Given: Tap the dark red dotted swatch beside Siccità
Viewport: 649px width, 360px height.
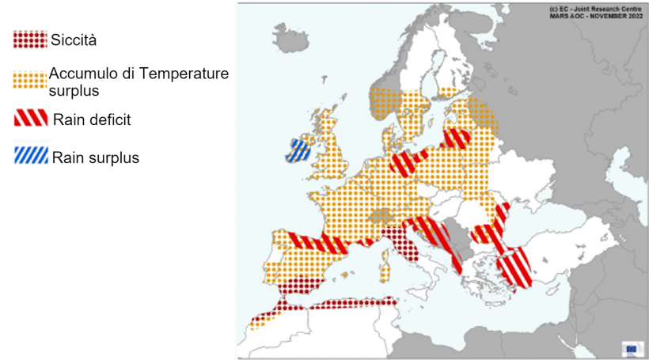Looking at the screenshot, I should click(30, 40).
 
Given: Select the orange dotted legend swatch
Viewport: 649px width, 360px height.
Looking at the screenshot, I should click(30, 80).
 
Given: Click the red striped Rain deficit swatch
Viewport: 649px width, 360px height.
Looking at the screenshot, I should click(30, 119).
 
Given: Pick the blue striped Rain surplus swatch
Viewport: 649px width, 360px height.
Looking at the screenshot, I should click(30, 157).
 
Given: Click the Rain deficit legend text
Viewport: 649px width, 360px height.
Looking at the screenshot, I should click(92, 120).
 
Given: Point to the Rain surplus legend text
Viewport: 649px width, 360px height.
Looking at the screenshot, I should click(96, 158).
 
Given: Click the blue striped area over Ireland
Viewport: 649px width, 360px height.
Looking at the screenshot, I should click(301, 150).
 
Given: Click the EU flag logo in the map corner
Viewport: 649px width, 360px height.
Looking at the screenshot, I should click(632, 348).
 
